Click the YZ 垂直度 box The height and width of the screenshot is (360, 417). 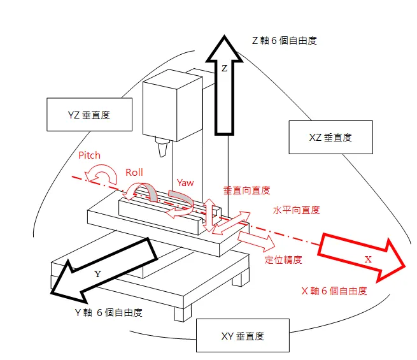(88, 115)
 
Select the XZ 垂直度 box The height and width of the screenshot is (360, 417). (330, 137)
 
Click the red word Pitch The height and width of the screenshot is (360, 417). (89, 155)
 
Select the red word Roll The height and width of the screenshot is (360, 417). (134, 172)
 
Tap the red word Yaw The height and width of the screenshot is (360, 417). (185, 183)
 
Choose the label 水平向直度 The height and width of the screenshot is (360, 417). (296, 210)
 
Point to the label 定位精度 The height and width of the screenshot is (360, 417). (283, 259)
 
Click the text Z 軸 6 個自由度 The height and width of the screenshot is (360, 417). (285, 40)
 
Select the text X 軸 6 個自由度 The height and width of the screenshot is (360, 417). (334, 291)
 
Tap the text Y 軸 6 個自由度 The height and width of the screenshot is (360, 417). (108, 312)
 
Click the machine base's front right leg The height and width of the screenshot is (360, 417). (239, 278)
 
